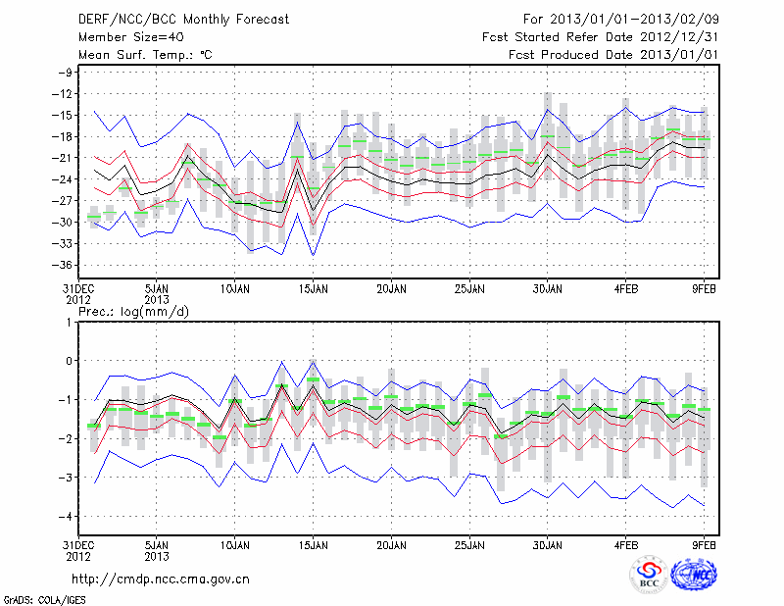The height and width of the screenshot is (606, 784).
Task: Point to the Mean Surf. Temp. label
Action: [144, 56]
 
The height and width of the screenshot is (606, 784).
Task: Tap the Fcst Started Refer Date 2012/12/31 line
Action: [600, 37]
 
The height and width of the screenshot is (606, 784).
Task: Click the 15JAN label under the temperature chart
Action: [313, 289]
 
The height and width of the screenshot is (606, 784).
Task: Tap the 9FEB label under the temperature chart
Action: [705, 289]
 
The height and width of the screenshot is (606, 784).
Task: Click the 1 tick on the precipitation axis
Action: [70, 322]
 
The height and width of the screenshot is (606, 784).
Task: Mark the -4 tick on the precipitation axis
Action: [66, 516]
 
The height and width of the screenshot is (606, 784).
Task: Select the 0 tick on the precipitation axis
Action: [70, 360]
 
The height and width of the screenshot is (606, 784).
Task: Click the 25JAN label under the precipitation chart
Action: [469, 542]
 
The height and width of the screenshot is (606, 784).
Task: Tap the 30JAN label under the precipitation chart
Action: [548, 542]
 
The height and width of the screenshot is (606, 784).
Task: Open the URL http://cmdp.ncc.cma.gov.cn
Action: [161, 579]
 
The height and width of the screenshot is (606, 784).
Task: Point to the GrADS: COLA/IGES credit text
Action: [42, 598]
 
